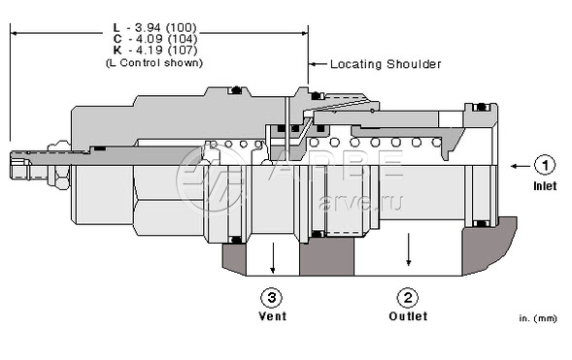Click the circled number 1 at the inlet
(x=545, y=166)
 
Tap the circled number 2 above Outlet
(x=408, y=298)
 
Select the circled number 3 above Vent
(x=272, y=298)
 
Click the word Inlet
(x=545, y=186)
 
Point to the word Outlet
(x=408, y=316)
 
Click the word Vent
(x=273, y=316)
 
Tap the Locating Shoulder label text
(x=386, y=64)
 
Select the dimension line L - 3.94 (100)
(x=155, y=28)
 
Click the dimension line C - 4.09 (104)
(x=155, y=39)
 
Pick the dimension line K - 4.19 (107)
(x=155, y=49)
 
